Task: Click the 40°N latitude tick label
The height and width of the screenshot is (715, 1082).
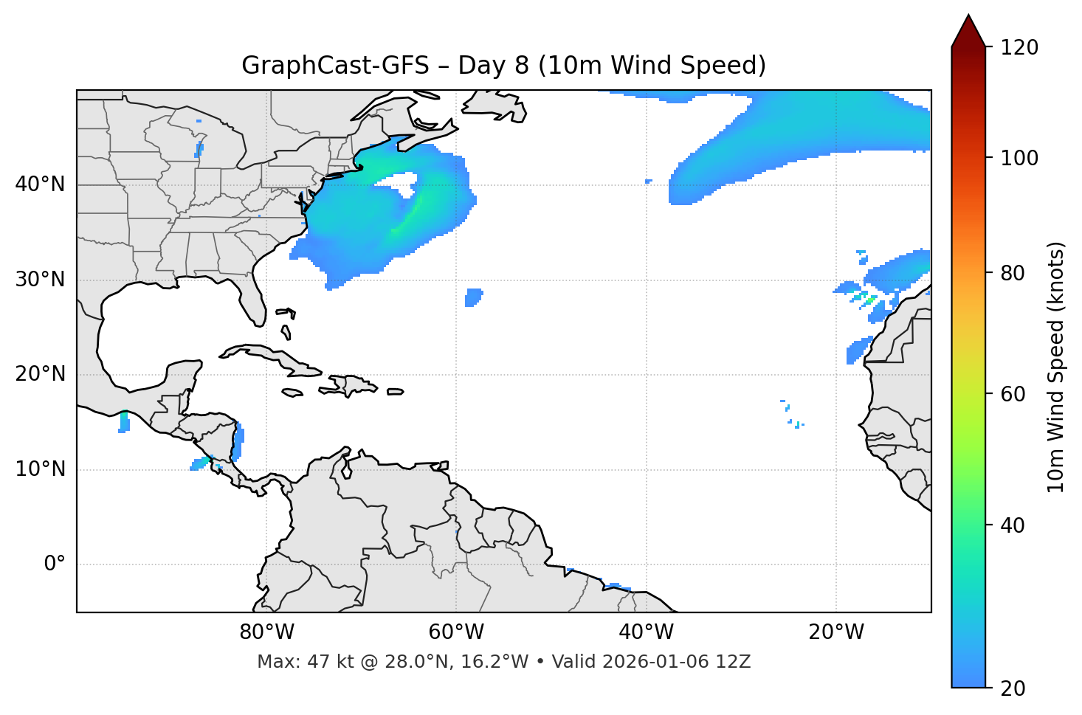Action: coord(40,184)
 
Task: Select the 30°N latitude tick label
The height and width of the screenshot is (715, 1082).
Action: coord(40,280)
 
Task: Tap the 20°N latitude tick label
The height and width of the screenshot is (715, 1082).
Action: coord(40,375)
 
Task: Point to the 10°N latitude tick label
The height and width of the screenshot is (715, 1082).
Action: coord(40,469)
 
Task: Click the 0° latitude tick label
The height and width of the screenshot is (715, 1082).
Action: coord(54,564)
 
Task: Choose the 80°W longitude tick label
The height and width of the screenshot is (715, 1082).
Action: coord(266,632)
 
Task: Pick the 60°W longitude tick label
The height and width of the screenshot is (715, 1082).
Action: coord(456,632)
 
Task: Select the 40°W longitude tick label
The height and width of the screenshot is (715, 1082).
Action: coord(646,632)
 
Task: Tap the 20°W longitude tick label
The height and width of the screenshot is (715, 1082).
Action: coord(835,632)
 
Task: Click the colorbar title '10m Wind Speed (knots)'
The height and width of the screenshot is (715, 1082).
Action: coord(1056,367)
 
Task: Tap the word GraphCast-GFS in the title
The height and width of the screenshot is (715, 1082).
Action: coord(335,66)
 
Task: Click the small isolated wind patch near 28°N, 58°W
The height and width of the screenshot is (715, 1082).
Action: coord(473,297)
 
